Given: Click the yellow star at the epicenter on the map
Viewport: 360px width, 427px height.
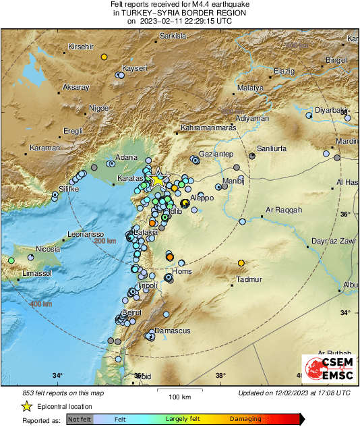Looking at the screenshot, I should click(x=157, y=179).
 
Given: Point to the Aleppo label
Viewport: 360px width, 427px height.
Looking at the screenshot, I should click(x=202, y=197).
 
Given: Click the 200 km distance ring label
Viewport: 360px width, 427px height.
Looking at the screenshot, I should click(x=104, y=241).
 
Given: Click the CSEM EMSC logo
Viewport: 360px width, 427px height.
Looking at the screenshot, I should click(x=326, y=370).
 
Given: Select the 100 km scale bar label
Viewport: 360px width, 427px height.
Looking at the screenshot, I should click(x=178, y=395).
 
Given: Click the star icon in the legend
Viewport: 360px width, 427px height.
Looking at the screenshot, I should click(x=26, y=406).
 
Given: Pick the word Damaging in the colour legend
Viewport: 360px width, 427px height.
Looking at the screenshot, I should click(x=245, y=419).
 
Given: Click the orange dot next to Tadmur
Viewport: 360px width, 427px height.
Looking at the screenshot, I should click(x=241, y=263).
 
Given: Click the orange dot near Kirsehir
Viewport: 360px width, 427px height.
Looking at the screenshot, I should click(x=104, y=57).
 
